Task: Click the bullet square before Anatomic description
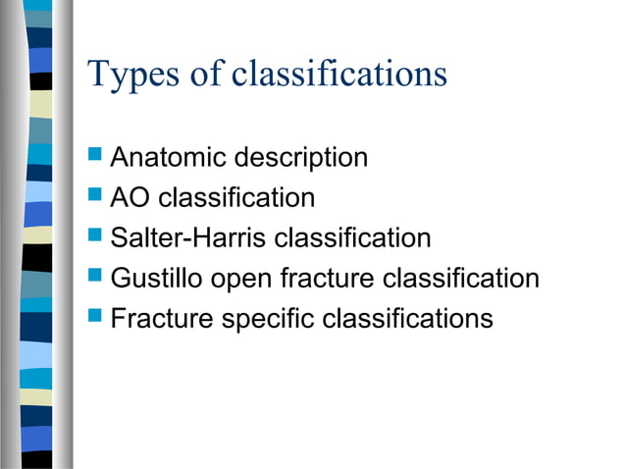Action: [x=95, y=155]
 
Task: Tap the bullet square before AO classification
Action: [x=95, y=196]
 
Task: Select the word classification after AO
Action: [x=236, y=198]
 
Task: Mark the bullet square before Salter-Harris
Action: [x=95, y=236]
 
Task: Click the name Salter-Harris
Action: [x=188, y=238]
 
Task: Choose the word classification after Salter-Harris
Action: [x=352, y=238]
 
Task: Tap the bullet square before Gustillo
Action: [x=95, y=277]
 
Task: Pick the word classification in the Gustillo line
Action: [x=461, y=279]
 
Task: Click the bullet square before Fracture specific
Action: [x=95, y=317]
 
